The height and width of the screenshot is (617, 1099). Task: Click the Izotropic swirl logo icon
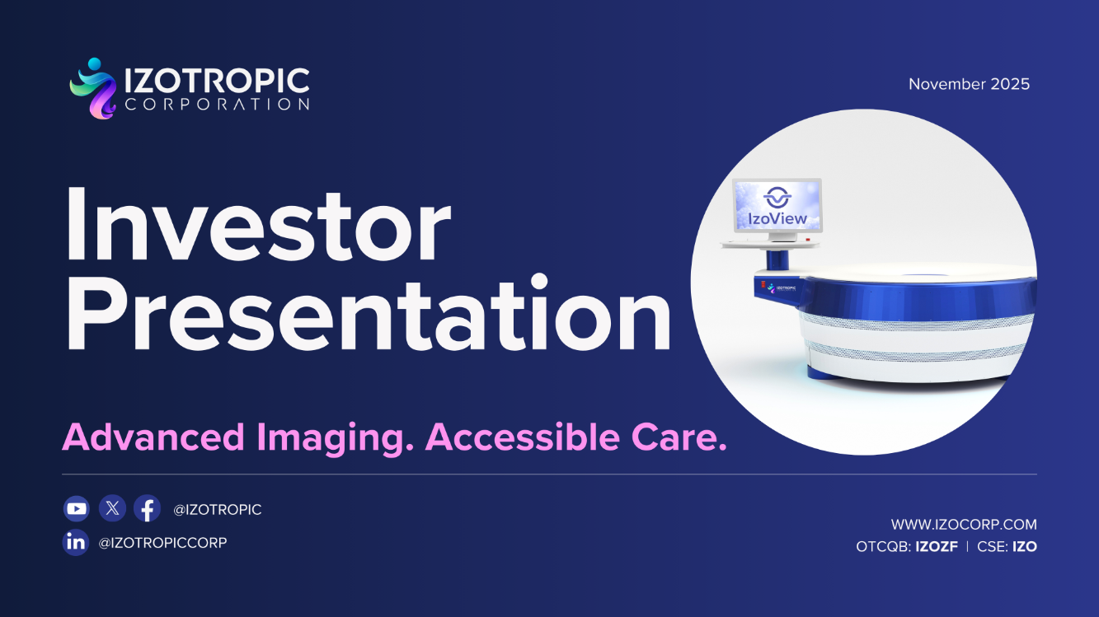point(93,89)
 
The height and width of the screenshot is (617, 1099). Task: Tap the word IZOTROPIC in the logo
point(217,81)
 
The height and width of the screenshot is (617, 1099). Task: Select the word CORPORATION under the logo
point(217,105)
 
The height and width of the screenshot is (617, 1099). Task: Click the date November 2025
point(969,84)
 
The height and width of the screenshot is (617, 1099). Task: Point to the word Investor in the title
point(258,224)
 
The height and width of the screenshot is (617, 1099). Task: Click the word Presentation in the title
point(367,316)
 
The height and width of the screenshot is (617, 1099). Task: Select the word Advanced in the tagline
point(153,437)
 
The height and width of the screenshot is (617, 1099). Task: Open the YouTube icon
point(76,509)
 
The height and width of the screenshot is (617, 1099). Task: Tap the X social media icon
point(112,509)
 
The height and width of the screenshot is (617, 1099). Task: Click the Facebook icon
point(148,509)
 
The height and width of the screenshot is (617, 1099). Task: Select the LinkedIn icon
point(76,542)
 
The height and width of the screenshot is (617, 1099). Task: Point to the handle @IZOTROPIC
point(217,510)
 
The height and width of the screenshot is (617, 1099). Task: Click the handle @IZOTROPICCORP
point(162,543)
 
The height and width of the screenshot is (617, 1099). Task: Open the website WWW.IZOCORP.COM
point(964,525)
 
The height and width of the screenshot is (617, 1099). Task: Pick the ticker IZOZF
point(937,546)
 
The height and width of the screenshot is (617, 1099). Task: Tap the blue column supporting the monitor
point(776,260)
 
